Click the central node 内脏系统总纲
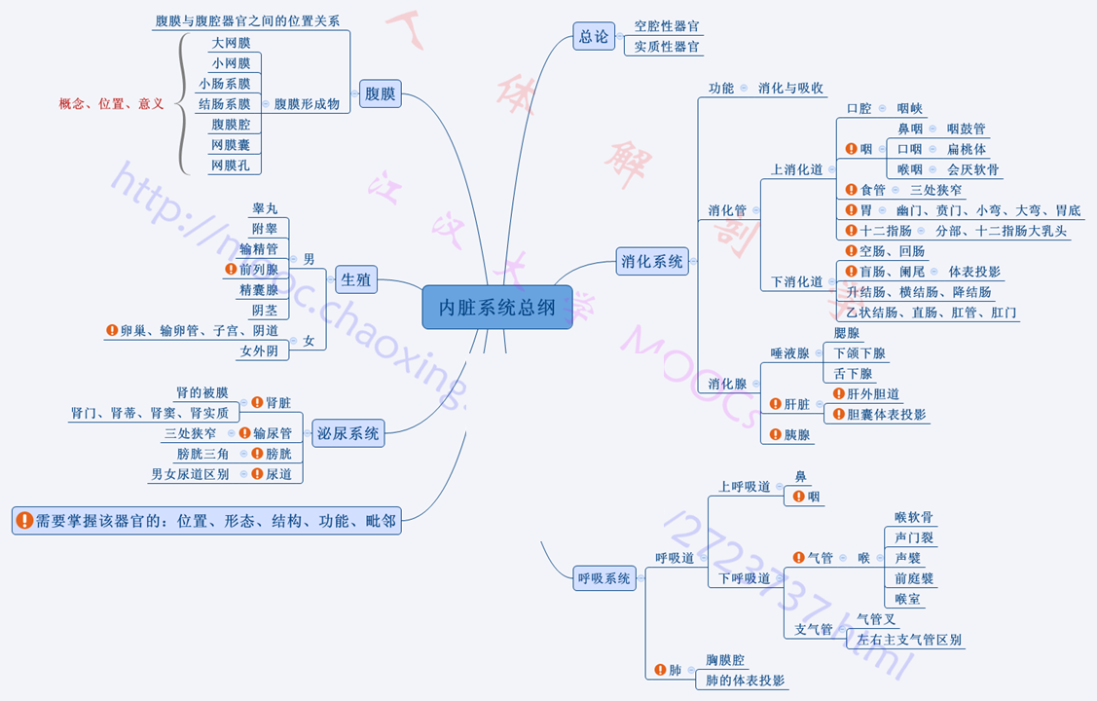[496, 308]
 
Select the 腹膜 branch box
[380, 93]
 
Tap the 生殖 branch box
[356, 280]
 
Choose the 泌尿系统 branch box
[347, 433]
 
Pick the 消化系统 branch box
[653, 260]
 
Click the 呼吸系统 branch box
[604, 577]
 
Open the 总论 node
[593, 37]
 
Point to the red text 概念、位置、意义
[111, 103]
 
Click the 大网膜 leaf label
[231, 43]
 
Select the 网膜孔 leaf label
[231, 166]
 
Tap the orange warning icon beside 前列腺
[231, 269]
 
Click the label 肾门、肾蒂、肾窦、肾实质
[150, 413]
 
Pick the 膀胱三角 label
[202, 454]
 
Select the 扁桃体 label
[966, 149]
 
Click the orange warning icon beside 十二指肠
[851, 231]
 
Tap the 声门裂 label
[914, 537]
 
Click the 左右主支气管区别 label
[908, 640]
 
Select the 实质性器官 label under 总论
[667, 46]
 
